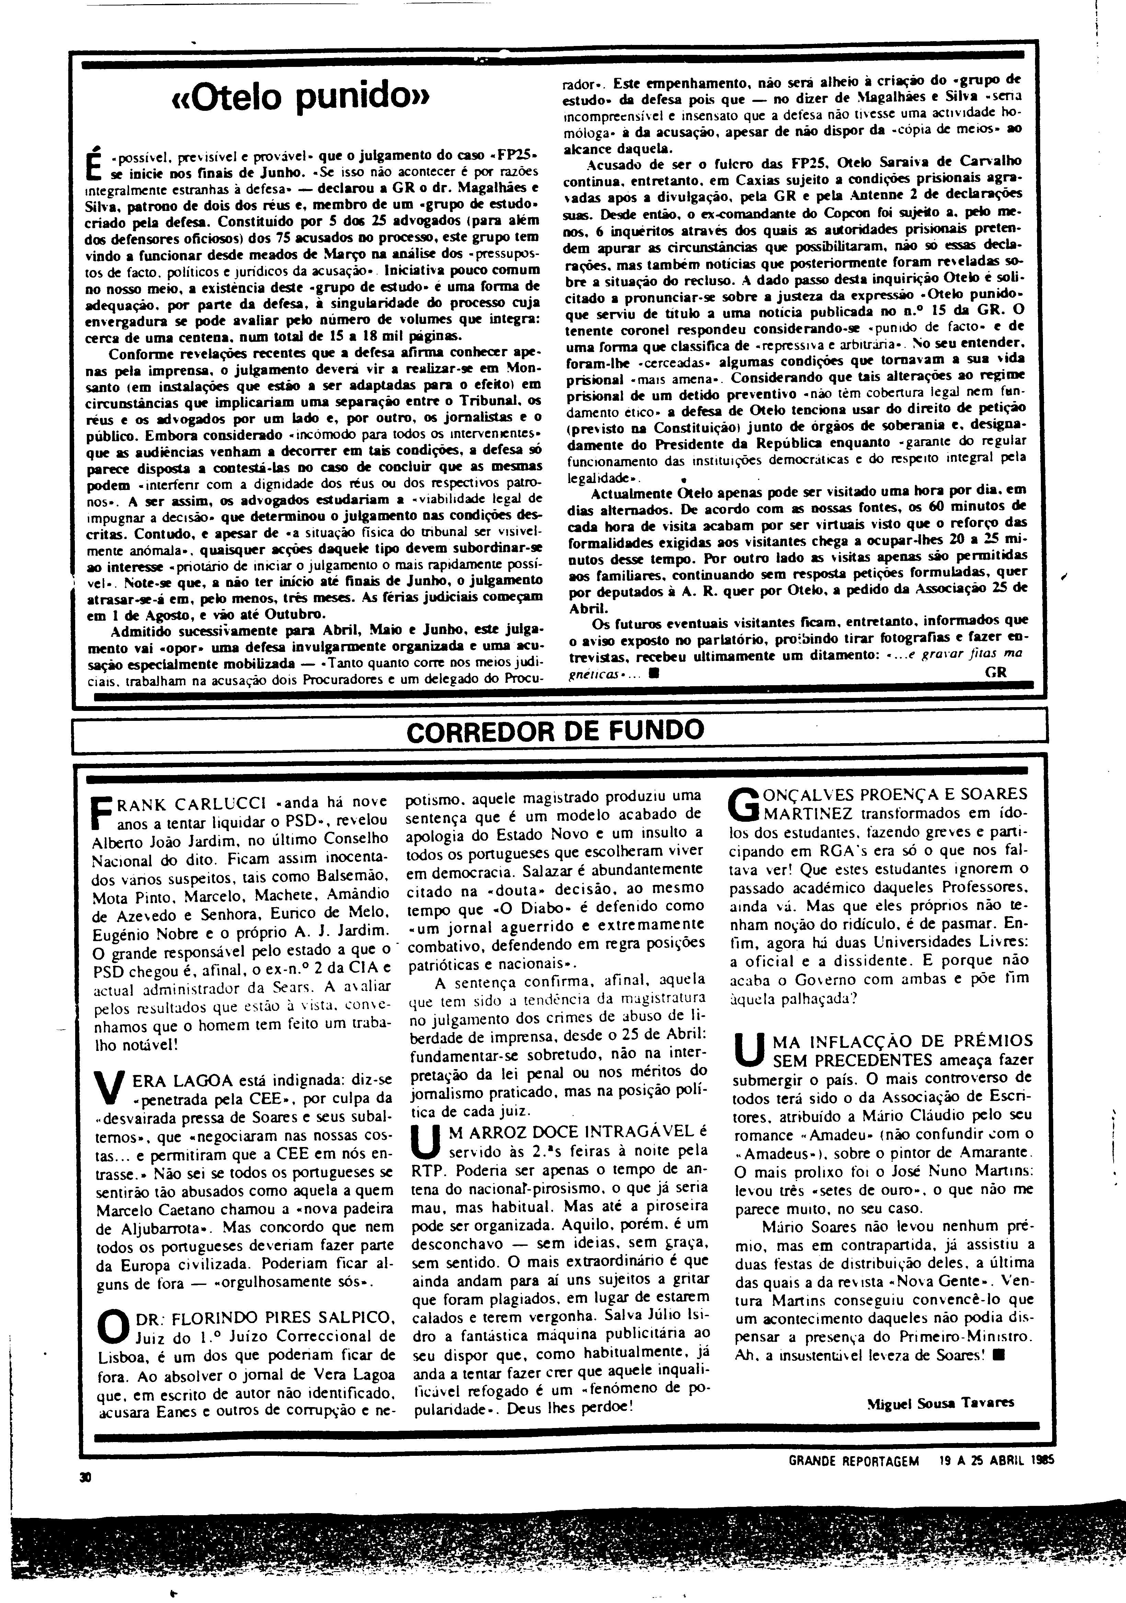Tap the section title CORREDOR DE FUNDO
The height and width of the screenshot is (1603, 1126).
pyautogui.click(x=555, y=731)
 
